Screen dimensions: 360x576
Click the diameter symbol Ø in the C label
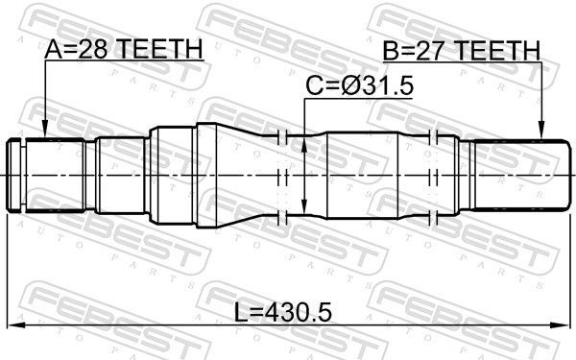(348, 87)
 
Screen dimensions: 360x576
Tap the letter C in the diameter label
(315, 87)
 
